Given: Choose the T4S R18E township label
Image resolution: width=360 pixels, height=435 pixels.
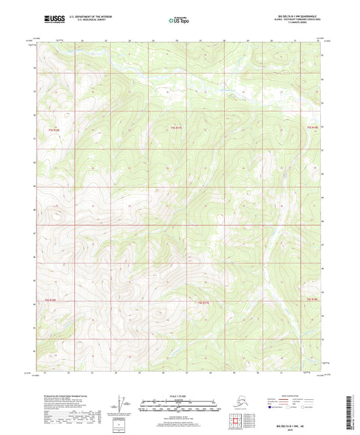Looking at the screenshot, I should [311, 298].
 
